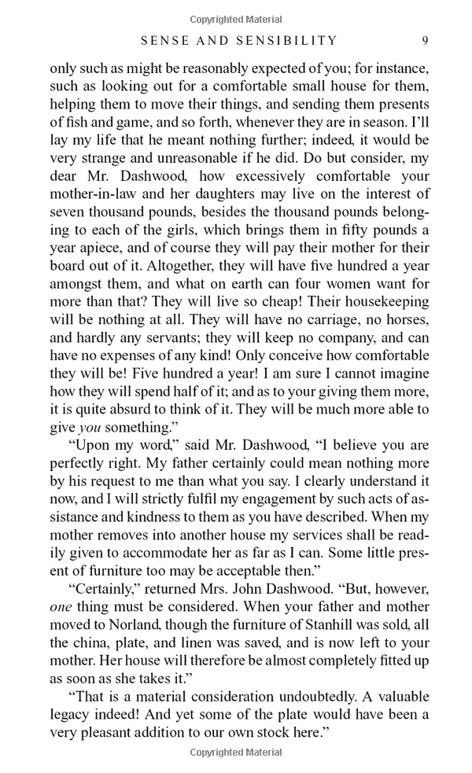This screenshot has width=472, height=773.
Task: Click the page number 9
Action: (x=425, y=40)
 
